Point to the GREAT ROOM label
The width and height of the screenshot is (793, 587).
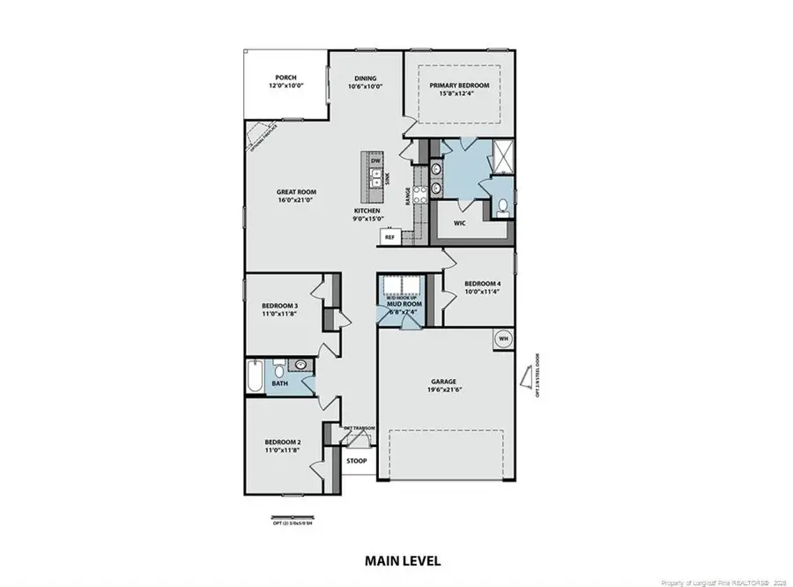point(296,192)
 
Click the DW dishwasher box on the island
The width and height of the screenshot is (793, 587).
point(376,161)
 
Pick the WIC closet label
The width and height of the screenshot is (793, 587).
point(459,224)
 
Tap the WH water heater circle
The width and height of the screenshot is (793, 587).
point(504,338)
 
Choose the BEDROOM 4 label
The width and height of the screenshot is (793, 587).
point(482,284)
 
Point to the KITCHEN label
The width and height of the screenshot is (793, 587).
point(367,212)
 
